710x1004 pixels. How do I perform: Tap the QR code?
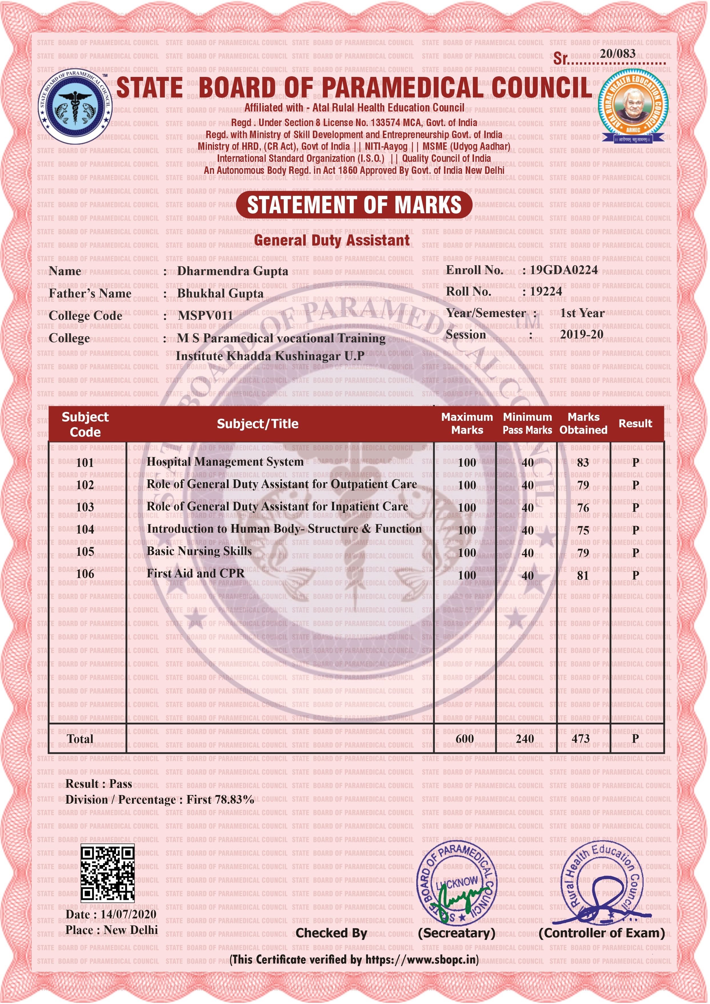click(107, 874)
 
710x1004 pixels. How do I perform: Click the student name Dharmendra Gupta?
click(233, 271)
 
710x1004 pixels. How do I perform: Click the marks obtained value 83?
click(583, 463)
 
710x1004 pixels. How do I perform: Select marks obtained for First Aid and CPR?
click(583, 575)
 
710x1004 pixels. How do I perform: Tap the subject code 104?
click(85, 529)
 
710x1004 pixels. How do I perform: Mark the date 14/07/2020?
click(128, 914)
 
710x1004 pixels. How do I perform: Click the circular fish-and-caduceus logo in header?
click(75, 106)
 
